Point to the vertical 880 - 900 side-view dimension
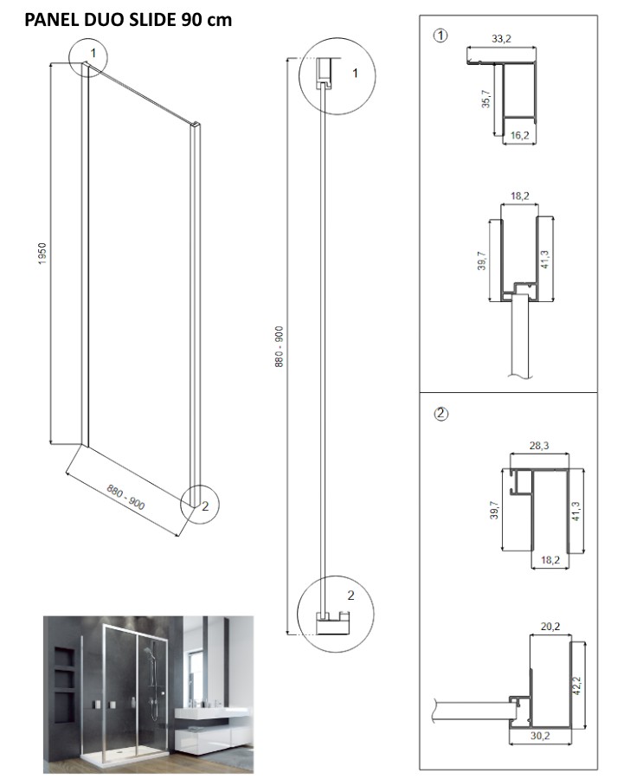click(278, 347)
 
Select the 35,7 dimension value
click(485, 100)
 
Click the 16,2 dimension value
click(519, 135)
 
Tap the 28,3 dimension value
click(537, 447)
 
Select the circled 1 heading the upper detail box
click(441, 35)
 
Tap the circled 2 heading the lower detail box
click(441, 413)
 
